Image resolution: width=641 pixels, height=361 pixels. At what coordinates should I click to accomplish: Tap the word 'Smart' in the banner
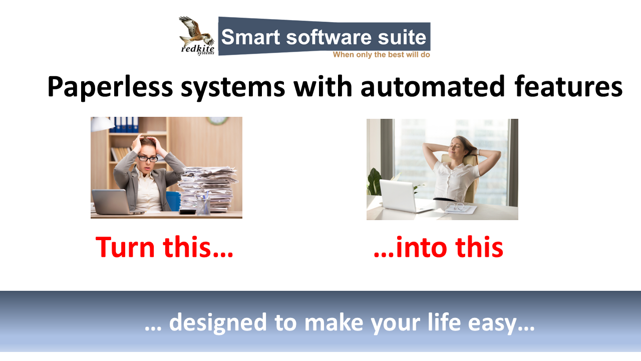pyautogui.click(x=251, y=37)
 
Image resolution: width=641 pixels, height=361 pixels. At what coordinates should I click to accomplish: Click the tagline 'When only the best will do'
pyautogui.click(x=382, y=55)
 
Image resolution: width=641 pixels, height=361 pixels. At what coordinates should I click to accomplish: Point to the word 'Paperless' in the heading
pyautogui.click(x=110, y=87)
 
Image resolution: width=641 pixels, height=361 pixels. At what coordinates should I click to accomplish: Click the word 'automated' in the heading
pyautogui.click(x=432, y=86)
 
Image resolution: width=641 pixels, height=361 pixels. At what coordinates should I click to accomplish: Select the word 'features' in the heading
pyautogui.click(x=568, y=86)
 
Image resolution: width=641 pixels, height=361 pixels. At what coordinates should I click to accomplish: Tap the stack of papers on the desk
pyautogui.click(x=208, y=189)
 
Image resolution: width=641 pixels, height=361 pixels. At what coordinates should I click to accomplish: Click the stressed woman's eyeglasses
pyautogui.click(x=148, y=158)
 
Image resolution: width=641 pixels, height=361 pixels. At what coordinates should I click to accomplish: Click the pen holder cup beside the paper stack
pyautogui.click(x=203, y=205)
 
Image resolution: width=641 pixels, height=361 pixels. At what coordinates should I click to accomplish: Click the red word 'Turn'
pyautogui.click(x=125, y=247)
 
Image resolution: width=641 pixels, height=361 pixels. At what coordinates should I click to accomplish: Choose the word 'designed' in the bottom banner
pyautogui.click(x=218, y=322)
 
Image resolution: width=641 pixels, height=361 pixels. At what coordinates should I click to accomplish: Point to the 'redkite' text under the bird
pyautogui.click(x=197, y=49)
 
